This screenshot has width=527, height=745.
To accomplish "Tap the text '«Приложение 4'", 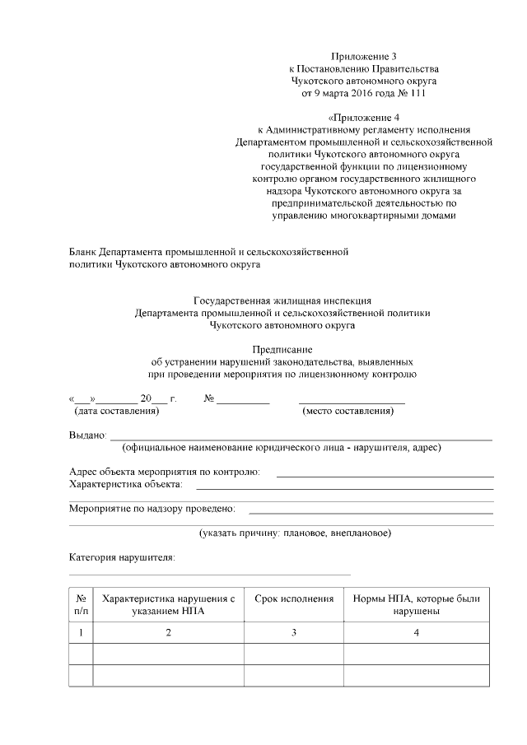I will pos(364,118).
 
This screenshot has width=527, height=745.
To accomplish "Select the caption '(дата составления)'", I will pos(115,410).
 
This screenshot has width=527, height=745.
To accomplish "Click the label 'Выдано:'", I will pos(87,435).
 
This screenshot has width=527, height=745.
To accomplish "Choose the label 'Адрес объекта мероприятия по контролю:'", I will pos(164,472).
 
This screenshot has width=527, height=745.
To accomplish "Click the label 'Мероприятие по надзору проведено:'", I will pos(152,508).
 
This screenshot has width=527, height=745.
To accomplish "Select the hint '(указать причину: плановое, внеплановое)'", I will pos(295,533).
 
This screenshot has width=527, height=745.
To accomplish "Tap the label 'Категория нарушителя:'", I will pos(121,557).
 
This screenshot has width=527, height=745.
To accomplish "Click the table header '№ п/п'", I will pos(81,605).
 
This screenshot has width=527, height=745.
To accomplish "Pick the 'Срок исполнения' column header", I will pos(294,598).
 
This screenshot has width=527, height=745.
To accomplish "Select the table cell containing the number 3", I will pos(294,632).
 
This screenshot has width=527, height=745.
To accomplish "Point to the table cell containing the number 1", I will pos(81,632).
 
